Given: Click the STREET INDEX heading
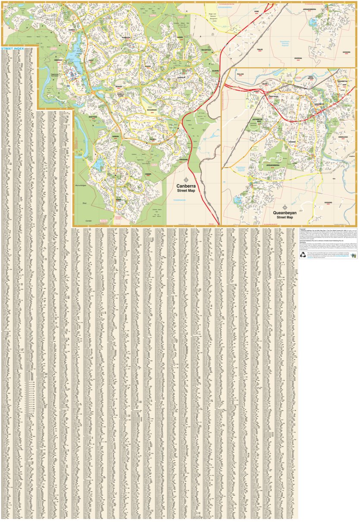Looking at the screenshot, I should pos(13,49).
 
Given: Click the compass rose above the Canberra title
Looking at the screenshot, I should pos(186,180).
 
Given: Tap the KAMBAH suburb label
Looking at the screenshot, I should pos(72,30).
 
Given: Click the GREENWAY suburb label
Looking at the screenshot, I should pos(59,60).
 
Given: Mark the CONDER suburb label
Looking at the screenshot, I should pos(147,174).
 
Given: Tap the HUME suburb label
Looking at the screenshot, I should pos(256,12).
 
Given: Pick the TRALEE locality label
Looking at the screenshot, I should pos(260,50).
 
